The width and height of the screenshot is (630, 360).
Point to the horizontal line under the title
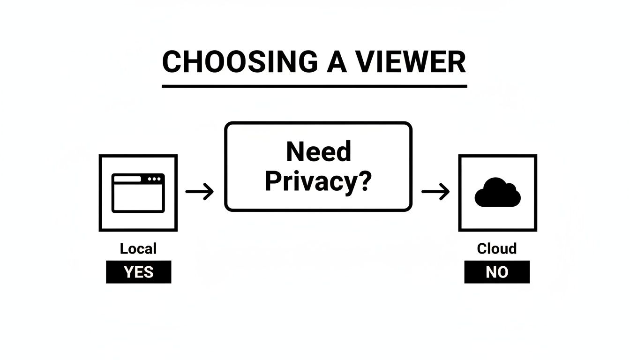coord(314,86)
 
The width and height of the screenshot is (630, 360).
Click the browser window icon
coord(138,193)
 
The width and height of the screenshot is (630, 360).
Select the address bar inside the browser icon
coord(127,179)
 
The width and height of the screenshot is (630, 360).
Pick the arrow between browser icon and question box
coord(200,191)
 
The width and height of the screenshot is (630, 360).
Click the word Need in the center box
coord(318,152)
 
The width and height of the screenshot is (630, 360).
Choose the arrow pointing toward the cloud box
coord(435,191)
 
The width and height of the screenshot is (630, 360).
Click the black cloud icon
coord(497,193)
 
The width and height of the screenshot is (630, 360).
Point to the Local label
coord(138,248)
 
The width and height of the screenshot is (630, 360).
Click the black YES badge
coord(138,272)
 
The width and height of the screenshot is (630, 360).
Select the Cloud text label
coord(497,248)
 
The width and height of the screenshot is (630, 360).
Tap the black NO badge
coord(497,272)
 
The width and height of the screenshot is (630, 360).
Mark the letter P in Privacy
coord(274,182)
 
